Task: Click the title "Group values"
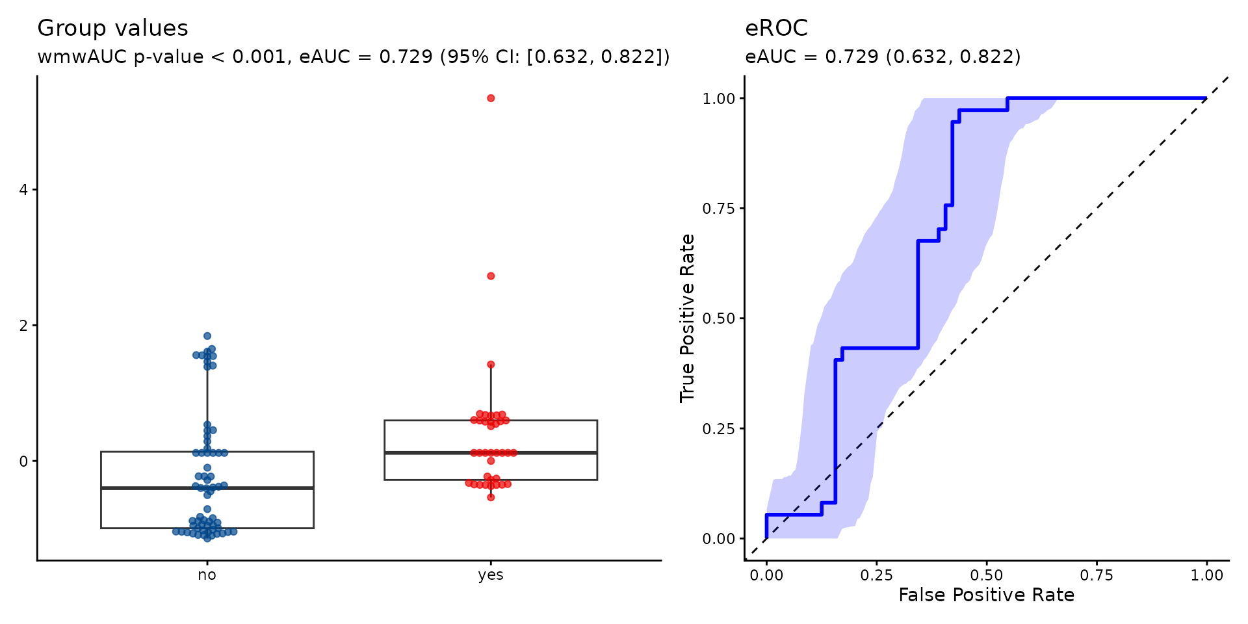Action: [x=112, y=29]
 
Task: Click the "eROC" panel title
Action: [x=776, y=28]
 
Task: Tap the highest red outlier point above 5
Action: [x=491, y=98]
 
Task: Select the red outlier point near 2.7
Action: [x=491, y=276]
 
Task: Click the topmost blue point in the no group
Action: [x=207, y=336]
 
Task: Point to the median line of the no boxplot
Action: [x=207, y=488]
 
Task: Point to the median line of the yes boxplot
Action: [x=491, y=452]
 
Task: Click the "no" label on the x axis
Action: [x=207, y=575]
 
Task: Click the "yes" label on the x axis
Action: [x=491, y=575]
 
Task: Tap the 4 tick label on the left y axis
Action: [x=24, y=190]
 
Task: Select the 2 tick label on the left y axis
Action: [x=24, y=326]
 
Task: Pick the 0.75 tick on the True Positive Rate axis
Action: [x=719, y=209]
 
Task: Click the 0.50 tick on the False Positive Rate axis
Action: [x=987, y=575]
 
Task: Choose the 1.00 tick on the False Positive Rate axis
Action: [x=1207, y=575]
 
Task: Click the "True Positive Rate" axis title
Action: [x=688, y=318]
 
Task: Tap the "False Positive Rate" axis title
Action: [x=987, y=595]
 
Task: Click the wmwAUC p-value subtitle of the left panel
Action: [x=354, y=57]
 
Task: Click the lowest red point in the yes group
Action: [x=491, y=497]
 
